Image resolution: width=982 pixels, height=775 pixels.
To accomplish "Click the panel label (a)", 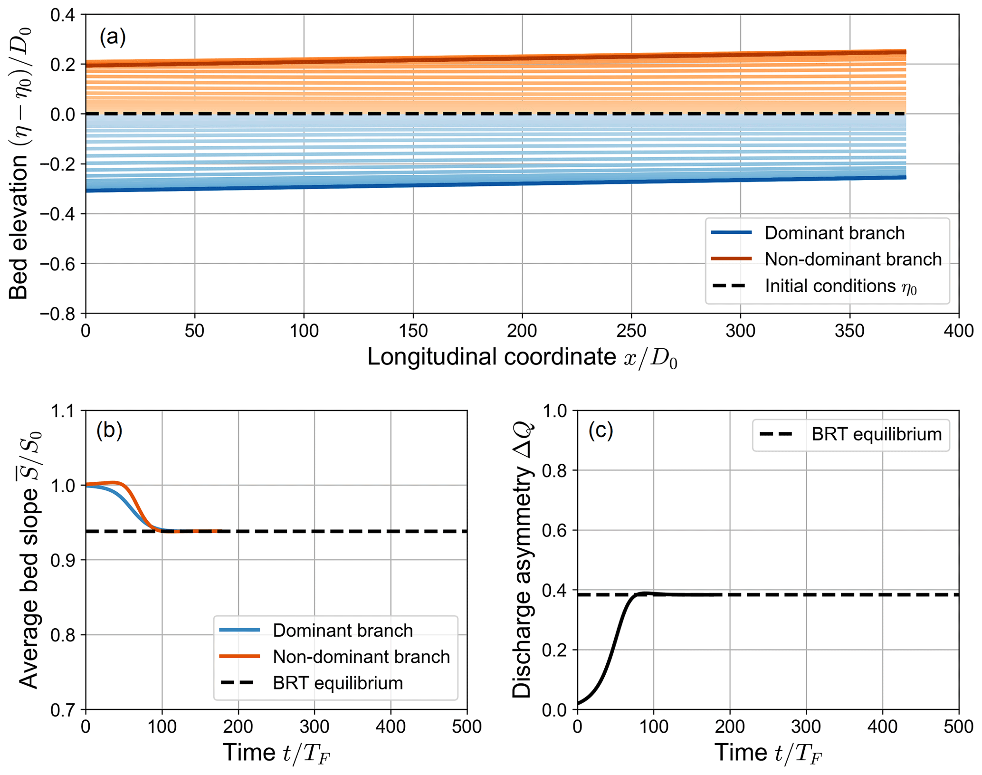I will [113, 37].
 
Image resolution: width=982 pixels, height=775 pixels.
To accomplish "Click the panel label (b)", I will [109, 430].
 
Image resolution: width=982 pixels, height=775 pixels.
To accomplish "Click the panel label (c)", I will [600, 430].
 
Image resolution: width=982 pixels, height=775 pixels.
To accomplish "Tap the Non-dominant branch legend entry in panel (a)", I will [853, 259].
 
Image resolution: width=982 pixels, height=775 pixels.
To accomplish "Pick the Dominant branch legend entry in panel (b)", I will [342, 631].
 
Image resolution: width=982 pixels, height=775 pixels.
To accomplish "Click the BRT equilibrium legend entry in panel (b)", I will [337, 683].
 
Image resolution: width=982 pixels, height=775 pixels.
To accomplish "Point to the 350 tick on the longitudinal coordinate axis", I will [849, 331].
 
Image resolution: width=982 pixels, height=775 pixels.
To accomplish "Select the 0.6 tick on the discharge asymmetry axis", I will [556, 530].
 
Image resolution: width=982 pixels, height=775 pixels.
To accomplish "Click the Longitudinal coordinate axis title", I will [522, 357].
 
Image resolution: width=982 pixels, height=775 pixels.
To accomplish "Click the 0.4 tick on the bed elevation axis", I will [64, 15].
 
